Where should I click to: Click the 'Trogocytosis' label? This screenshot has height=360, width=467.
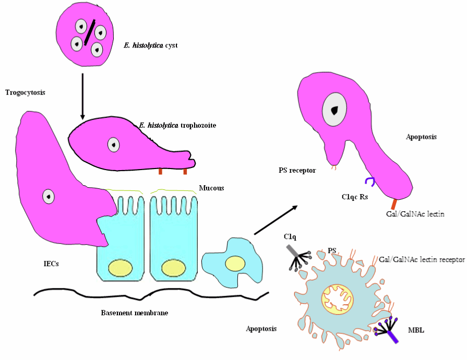[x=25, y=93]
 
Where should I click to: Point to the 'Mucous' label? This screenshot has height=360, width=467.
[x=211, y=188]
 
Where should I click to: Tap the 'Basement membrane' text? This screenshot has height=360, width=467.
[x=135, y=313]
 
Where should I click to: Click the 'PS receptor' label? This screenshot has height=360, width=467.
[x=297, y=170]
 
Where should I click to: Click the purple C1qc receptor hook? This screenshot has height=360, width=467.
[x=369, y=181]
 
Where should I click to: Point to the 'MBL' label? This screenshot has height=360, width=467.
[x=416, y=330]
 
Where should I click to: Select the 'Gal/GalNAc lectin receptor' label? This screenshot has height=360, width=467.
[x=422, y=259]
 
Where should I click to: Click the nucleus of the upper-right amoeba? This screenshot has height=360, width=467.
[x=332, y=110]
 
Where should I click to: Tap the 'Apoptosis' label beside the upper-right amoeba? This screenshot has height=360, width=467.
[x=421, y=137]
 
